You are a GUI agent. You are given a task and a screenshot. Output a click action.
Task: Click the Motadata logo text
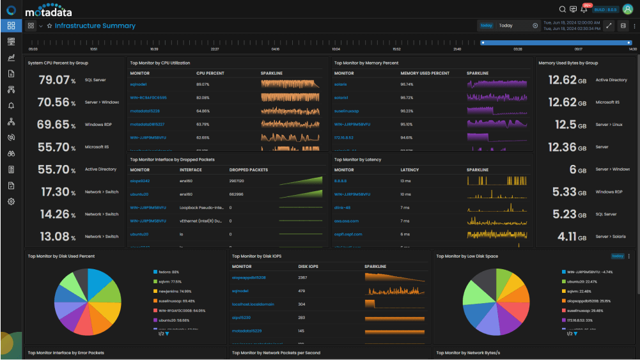point(49,12)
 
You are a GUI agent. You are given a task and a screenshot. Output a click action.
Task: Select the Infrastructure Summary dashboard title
point(95,26)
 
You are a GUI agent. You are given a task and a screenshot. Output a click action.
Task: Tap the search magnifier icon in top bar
point(562,9)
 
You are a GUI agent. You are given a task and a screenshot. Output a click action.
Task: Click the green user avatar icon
point(627,9)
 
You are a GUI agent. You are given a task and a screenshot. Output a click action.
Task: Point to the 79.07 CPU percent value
point(57,80)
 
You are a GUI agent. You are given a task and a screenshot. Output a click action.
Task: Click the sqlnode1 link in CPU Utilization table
point(139,84)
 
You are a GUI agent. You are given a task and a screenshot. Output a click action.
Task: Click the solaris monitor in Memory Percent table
point(341,84)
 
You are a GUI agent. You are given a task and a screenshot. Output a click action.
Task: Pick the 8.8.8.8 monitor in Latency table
point(341,181)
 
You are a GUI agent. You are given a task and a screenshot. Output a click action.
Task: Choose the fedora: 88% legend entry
point(168,272)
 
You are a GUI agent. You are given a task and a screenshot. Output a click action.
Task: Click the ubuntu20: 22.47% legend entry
point(582,281)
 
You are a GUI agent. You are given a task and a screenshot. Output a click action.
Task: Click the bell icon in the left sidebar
point(11,106)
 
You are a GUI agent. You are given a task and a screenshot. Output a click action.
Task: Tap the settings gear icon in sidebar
point(11,201)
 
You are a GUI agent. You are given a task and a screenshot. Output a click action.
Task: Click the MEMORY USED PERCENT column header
point(425,74)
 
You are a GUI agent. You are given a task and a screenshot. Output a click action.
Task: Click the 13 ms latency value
point(406,194)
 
